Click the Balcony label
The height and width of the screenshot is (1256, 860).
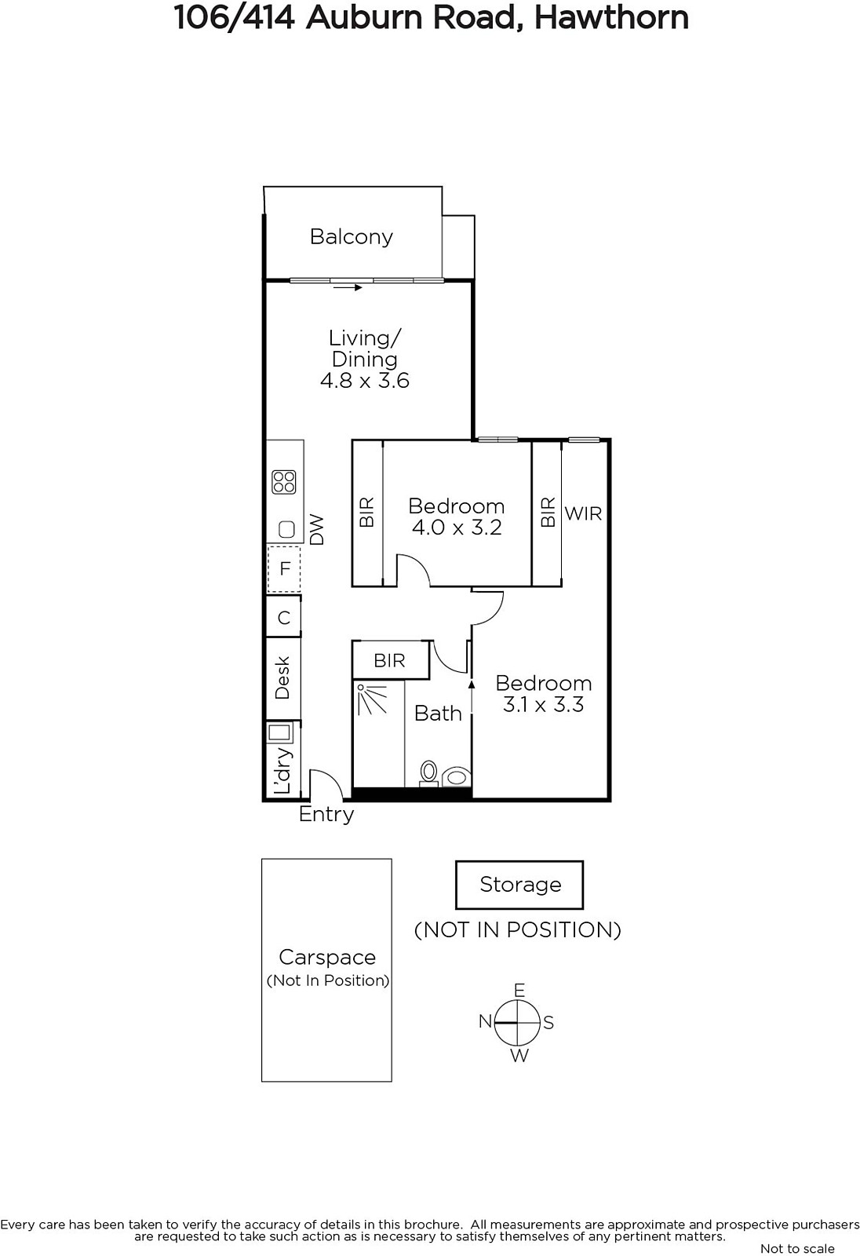(352, 236)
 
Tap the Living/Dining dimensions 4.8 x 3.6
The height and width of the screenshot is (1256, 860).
(365, 381)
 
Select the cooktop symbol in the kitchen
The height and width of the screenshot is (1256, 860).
(284, 482)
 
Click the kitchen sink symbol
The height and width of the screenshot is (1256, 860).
(286, 529)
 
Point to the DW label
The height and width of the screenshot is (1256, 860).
(317, 530)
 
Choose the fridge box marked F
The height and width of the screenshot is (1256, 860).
(284, 569)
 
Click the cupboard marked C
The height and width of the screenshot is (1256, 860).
(284, 617)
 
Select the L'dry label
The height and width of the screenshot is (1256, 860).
(283, 770)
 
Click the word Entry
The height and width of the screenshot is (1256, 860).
(326, 815)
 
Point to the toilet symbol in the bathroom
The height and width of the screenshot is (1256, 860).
(429, 773)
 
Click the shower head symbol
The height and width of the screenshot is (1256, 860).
(372, 699)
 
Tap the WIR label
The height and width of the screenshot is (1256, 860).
(583, 513)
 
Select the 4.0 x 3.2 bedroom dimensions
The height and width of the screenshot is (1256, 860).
(457, 528)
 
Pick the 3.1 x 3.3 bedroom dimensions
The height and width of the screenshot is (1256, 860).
(543, 705)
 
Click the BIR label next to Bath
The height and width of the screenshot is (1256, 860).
(389, 660)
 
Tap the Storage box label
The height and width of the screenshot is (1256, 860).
(520, 884)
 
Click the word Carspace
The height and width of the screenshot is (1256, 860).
(327, 958)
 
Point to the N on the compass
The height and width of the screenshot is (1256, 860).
(485, 1021)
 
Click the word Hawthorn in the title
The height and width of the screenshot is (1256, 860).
(611, 16)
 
